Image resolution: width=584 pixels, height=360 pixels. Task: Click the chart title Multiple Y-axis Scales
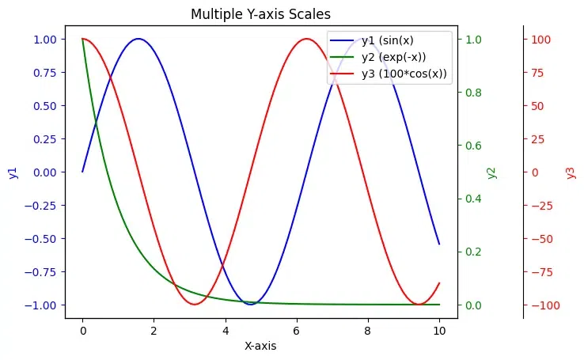(260, 13)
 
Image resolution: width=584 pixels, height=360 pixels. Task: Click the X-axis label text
(260, 346)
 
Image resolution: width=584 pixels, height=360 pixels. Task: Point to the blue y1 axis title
(13, 172)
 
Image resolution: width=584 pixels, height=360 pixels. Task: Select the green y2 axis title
(491, 172)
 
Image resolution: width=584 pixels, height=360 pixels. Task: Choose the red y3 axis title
(571, 172)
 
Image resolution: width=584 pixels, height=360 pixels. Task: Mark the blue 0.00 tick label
(44, 172)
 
